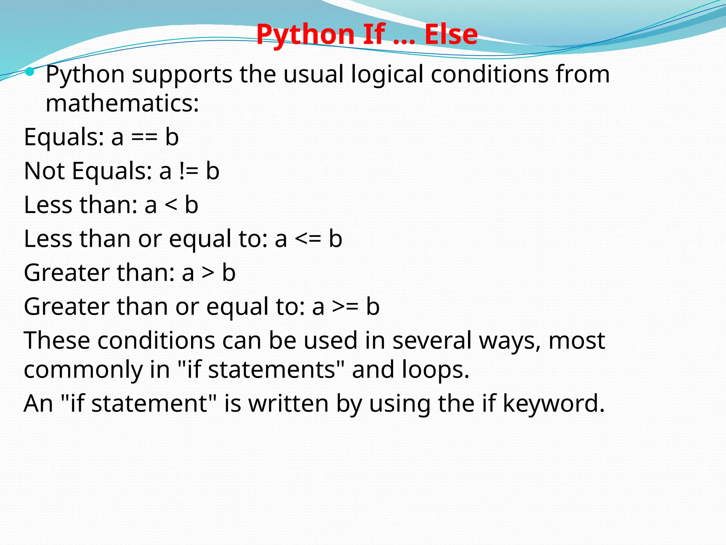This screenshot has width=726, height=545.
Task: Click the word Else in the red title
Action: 451,34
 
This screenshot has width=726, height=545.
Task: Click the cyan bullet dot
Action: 30,72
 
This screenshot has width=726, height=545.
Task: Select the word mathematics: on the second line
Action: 122,104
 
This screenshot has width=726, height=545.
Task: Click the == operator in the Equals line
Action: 144,138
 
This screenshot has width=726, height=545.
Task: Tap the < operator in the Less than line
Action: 171,205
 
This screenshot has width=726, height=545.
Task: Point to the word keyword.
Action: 554,404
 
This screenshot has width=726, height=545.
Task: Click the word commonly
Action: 83,370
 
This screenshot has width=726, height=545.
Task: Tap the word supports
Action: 182,75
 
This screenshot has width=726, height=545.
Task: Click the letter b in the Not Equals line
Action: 213,171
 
